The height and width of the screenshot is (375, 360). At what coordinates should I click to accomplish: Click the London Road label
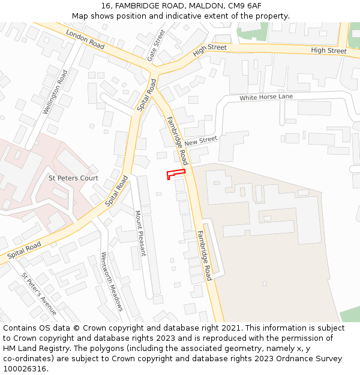point(85,39)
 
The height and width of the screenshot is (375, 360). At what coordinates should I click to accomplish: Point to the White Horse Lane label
point(266,97)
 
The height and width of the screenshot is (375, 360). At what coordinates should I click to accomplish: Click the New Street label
point(200,141)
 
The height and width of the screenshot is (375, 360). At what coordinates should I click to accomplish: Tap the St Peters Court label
point(73,178)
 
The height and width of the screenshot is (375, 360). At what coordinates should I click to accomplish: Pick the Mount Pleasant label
point(140,233)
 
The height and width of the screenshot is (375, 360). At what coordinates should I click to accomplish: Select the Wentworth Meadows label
point(112,281)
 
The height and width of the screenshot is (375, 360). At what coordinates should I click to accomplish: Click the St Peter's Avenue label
point(39,294)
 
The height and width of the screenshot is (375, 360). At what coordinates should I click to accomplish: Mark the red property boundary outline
point(175,174)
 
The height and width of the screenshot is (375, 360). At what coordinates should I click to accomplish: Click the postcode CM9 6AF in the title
point(245,6)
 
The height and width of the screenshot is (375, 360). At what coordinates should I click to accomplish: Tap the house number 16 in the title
point(106,6)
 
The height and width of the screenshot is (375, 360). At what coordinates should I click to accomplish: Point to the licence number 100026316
point(24,369)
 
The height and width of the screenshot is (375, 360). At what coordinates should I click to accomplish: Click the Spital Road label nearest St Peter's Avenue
point(25,251)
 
